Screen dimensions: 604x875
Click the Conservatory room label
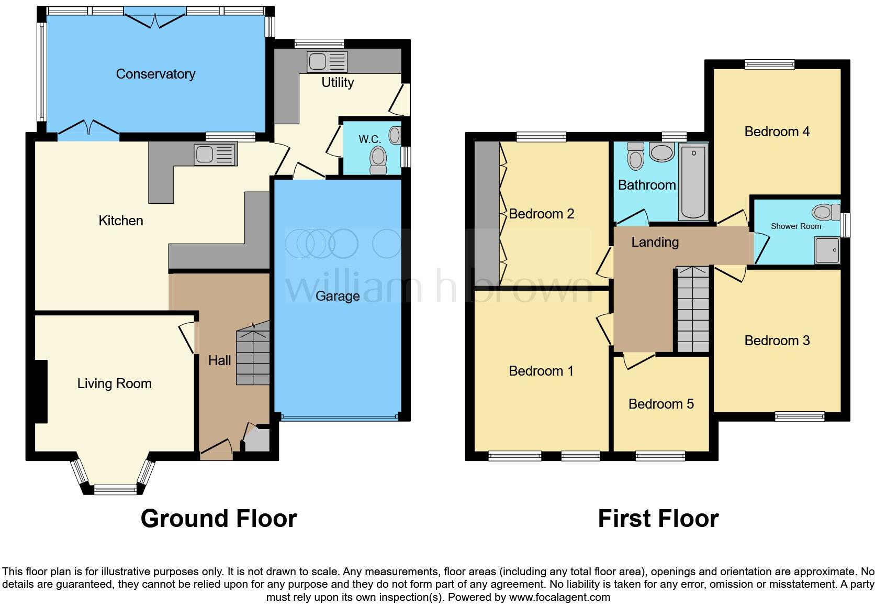click(155, 74)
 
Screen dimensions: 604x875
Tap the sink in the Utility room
click(327, 62)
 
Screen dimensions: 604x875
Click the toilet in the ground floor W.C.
click(378, 158)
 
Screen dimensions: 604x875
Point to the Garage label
click(338, 296)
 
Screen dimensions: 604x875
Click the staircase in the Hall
click(253, 356)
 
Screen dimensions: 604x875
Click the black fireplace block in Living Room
click(41, 391)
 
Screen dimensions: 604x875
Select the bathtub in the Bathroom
click(693, 182)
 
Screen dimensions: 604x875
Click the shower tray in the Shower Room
click(827, 250)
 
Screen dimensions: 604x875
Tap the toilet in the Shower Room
click(823, 212)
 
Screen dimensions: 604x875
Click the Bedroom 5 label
click(661, 404)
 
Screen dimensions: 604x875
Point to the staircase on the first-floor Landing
click(693, 309)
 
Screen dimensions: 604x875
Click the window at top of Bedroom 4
click(769, 65)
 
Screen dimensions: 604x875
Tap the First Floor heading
click(658, 519)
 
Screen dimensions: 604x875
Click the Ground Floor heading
click(219, 519)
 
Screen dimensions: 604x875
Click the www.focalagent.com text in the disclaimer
click(559, 597)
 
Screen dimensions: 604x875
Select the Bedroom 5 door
click(638, 359)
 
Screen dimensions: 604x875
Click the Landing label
click(655, 242)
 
